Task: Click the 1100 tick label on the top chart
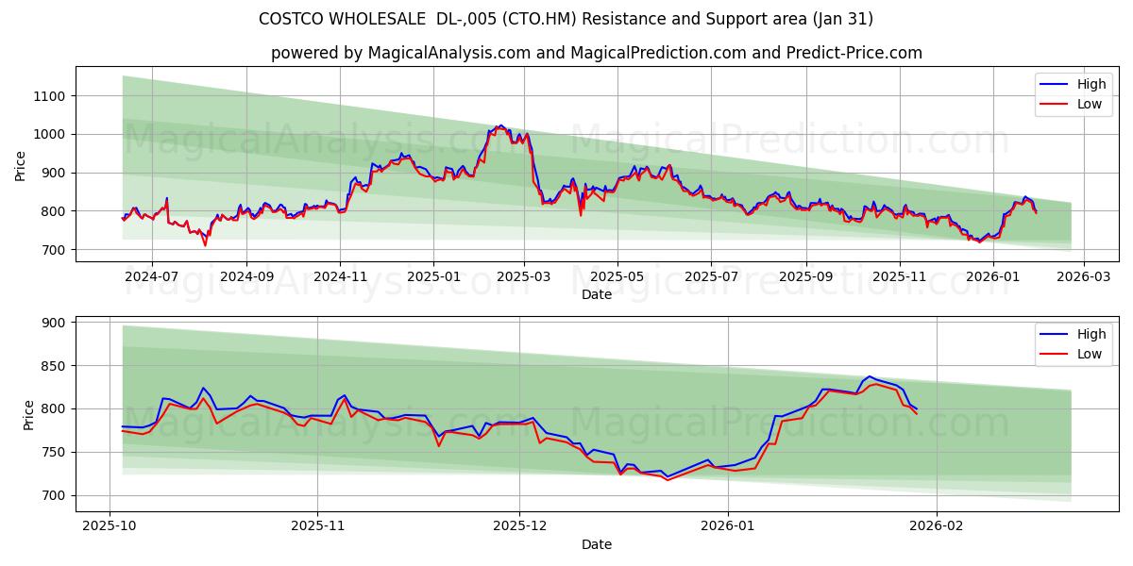tap(48, 96)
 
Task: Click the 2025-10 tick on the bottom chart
tap(110, 526)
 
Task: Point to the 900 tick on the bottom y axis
tap(53, 323)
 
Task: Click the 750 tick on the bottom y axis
tap(53, 452)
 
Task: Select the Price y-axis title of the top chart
tap(21, 164)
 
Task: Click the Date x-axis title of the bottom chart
tap(596, 544)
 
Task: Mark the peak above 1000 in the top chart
tap(500, 126)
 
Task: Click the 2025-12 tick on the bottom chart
tap(520, 526)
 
